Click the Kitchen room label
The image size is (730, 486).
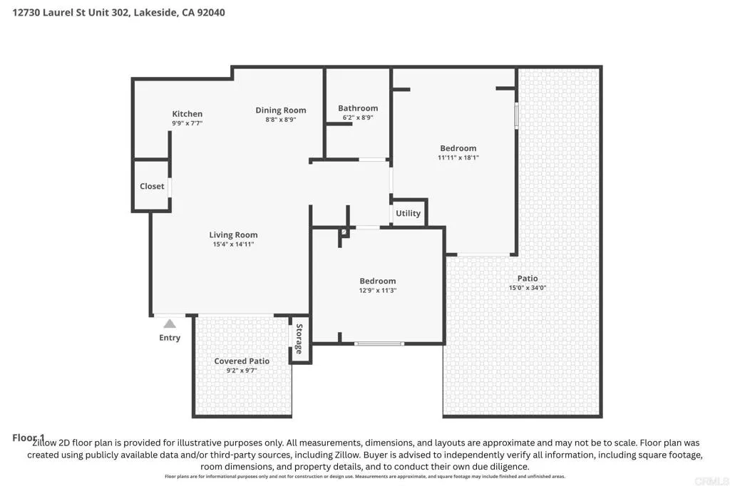point(187,114)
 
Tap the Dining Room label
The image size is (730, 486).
point(281,110)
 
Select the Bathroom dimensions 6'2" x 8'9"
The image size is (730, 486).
point(358,118)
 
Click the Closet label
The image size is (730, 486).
point(152,186)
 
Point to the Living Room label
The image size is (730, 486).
point(233,234)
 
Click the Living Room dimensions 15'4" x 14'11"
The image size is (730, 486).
point(233,244)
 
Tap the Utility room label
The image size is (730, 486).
point(408,213)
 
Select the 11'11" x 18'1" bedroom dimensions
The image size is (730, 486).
point(458,157)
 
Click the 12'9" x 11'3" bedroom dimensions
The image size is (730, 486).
point(377,290)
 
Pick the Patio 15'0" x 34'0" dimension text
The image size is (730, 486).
point(528,288)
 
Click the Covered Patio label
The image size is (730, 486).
point(242,361)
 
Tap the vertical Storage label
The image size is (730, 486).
point(299,339)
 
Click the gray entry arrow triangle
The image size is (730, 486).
point(170,324)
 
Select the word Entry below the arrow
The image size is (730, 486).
point(170,338)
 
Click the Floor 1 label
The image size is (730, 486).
point(29,437)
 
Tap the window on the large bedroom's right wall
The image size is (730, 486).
point(516,115)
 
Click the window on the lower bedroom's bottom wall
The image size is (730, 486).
point(379,343)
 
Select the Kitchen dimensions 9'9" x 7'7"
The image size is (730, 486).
point(187,123)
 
